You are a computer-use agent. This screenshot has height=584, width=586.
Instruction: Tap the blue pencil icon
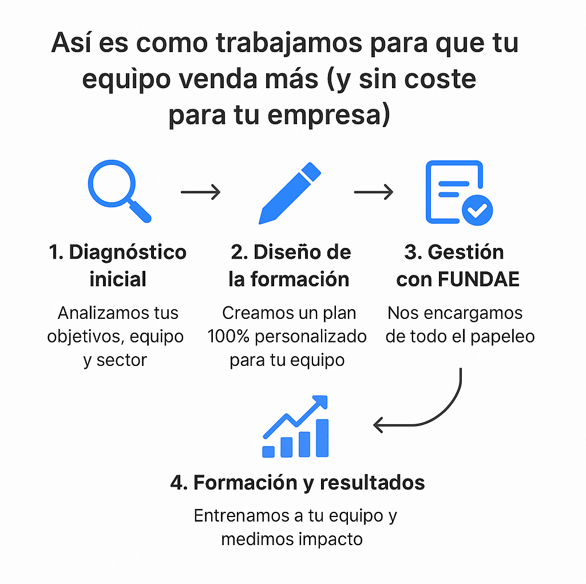[290, 193]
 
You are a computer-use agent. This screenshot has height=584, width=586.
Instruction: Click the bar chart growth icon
[295, 427]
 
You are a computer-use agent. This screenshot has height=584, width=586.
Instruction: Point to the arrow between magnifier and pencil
[200, 192]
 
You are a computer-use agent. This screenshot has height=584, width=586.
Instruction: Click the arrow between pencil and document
[374, 192]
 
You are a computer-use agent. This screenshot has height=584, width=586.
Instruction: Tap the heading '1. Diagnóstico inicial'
[118, 266]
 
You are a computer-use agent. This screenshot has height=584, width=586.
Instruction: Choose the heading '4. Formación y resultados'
[298, 483]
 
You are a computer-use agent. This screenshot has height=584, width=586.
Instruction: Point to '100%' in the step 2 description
[228, 337]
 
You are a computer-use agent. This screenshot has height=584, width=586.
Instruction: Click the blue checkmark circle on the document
[477, 210]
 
